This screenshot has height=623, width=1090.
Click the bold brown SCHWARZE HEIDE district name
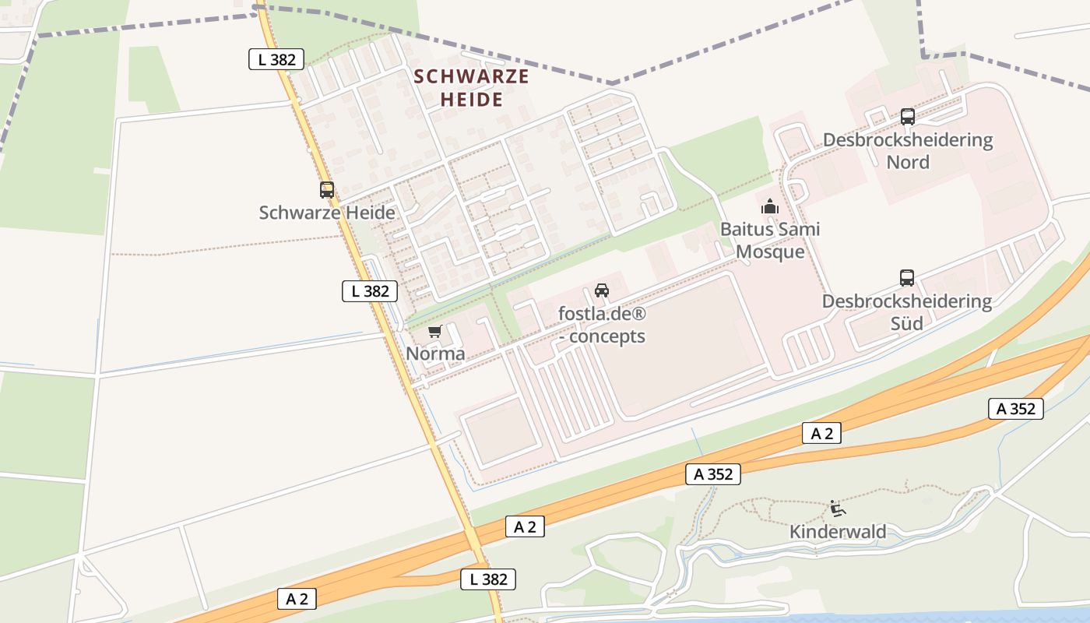471,88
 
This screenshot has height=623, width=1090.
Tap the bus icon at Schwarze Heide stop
327,190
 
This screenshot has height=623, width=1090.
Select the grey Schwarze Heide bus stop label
327,213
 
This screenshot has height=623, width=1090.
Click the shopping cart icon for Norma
435,332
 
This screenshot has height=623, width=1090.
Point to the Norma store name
435,354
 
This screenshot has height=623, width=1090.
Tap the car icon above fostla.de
602,291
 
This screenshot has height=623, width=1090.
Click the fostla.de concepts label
602,325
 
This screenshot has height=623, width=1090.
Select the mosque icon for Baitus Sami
770,206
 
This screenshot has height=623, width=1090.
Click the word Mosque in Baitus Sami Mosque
770,252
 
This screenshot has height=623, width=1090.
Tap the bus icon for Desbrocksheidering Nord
908,117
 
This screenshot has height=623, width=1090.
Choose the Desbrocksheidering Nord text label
908,151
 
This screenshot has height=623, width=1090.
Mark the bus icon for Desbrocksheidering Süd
907,278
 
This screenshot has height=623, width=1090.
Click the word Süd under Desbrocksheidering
907,322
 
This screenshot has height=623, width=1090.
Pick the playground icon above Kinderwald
838,509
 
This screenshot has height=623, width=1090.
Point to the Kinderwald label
838,532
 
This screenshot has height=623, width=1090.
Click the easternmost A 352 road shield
1016,409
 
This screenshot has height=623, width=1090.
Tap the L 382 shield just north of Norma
370,291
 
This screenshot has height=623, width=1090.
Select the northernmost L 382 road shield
276,59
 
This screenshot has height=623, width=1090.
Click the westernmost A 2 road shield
297,599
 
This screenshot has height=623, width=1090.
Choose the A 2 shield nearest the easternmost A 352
822,434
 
